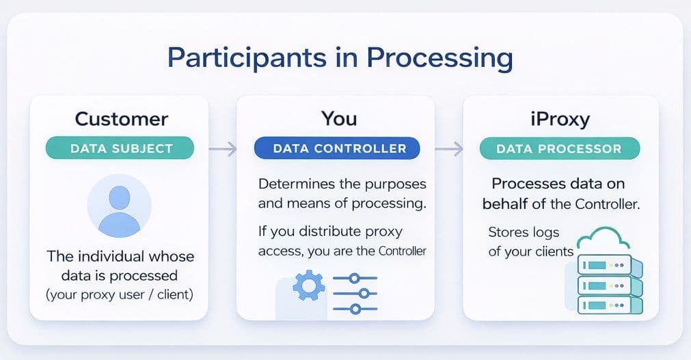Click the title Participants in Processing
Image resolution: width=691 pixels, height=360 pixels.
[340, 58]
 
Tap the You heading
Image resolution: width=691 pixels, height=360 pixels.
[339, 119]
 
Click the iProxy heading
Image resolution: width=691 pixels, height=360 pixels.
[560, 119]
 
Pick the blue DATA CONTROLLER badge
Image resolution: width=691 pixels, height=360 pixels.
[339, 148]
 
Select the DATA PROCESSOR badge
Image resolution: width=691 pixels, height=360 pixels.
[560, 148]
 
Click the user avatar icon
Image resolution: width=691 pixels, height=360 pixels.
[119, 206]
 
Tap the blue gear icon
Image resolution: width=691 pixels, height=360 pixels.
[308, 286]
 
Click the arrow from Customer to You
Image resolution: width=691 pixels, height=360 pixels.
[222, 148]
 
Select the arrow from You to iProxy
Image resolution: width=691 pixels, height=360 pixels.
[448, 148]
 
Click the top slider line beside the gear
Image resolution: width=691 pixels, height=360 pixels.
[354, 278]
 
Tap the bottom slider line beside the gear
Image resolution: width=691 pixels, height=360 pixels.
[354, 309]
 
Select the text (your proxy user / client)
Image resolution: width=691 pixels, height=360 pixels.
[120, 295]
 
